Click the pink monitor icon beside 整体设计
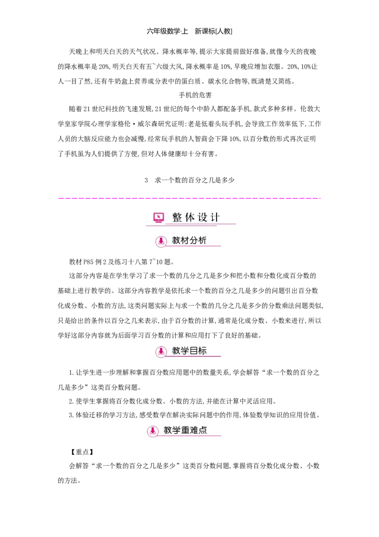click(x=159, y=218)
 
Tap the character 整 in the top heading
click(x=177, y=217)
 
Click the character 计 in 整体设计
click(x=215, y=217)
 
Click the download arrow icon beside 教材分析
click(x=161, y=241)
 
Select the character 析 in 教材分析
click(x=202, y=241)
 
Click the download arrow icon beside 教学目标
click(x=161, y=352)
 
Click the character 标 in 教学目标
click(x=202, y=351)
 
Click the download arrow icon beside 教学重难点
click(x=153, y=431)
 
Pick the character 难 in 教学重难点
click(x=194, y=430)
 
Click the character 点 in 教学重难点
click(x=203, y=430)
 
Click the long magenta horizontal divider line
click(x=189, y=199)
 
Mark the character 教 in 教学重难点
click(x=168, y=430)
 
